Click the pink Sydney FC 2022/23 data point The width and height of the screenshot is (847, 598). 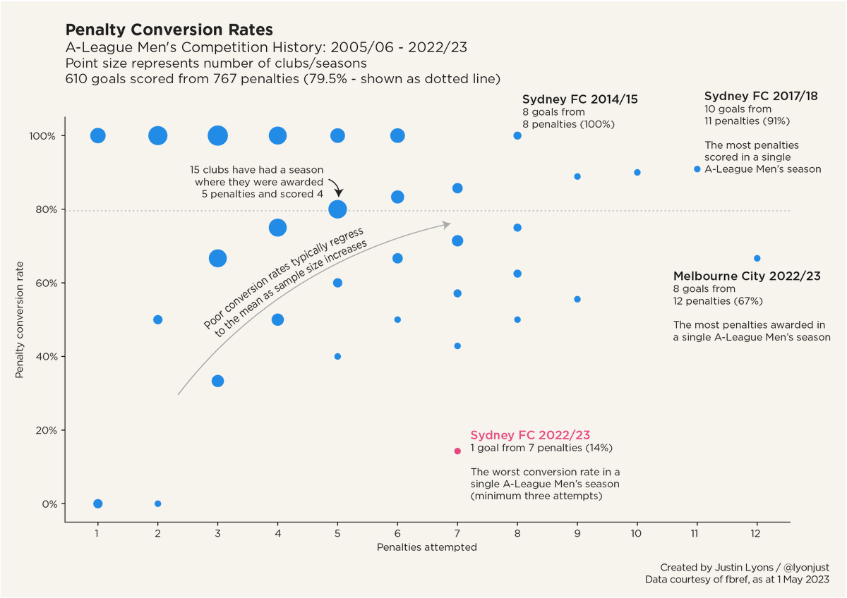tap(457, 451)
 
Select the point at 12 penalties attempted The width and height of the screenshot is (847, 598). tap(757, 258)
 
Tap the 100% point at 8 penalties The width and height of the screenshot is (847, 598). tap(517, 135)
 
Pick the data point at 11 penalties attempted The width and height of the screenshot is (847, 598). tap(697, 169)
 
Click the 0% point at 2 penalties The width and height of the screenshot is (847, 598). tap(157, 504)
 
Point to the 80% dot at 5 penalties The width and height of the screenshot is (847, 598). tap(337, 209)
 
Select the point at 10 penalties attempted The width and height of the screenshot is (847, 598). tap(637, 172)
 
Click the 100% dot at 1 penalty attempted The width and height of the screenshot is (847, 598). tap(98, 135)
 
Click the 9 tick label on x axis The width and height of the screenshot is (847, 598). tap(577, 534)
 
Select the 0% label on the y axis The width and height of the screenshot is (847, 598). tap(49, 504)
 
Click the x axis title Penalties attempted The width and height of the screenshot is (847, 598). tap(427, 547)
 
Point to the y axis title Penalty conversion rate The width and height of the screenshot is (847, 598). tap(20, 320)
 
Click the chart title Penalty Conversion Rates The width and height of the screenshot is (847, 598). tap(169, 30)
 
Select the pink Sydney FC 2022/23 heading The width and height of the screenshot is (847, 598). tap(529, 435)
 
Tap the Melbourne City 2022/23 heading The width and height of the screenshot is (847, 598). tap(747, 276)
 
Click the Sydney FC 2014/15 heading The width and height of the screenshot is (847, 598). tap(579, 99)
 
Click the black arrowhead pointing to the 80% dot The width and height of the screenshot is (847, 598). tap(338, 193)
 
